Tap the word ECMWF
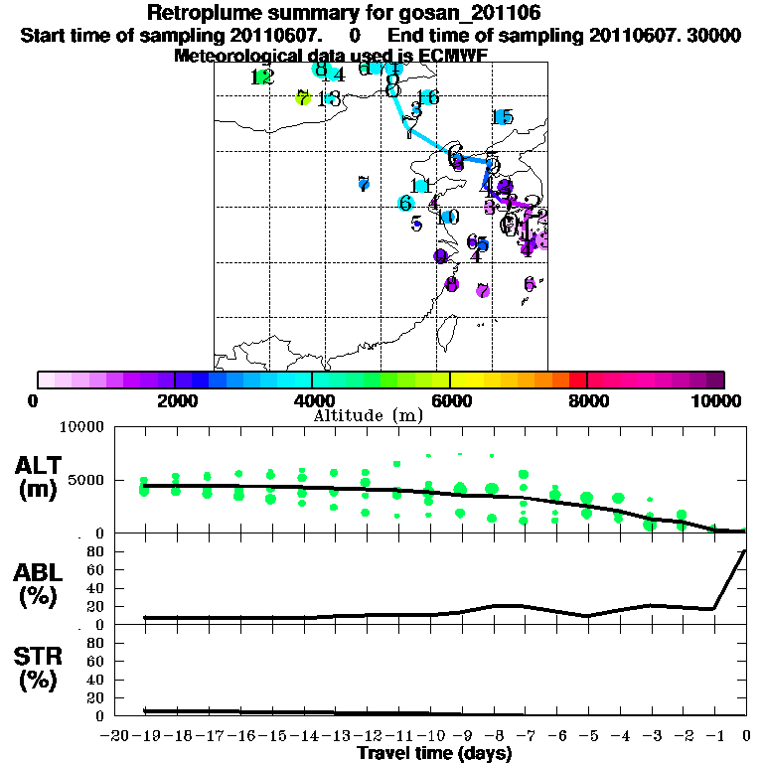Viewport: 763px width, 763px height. (x=454, y=55)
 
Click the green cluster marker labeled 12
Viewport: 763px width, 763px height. (x=262, y=77)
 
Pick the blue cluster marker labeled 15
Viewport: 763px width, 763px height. (x=503, y=118)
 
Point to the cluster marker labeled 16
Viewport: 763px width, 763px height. (x=428, y=97)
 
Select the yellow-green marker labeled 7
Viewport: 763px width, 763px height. (x=303, y=97)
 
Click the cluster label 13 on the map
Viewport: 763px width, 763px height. (x=331, y=98)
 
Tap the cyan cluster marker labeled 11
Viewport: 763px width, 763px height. (x=420, y=186)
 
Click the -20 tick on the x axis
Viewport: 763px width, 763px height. (x=117, y=735)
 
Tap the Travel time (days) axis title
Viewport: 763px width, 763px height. (x=434, y=753)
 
